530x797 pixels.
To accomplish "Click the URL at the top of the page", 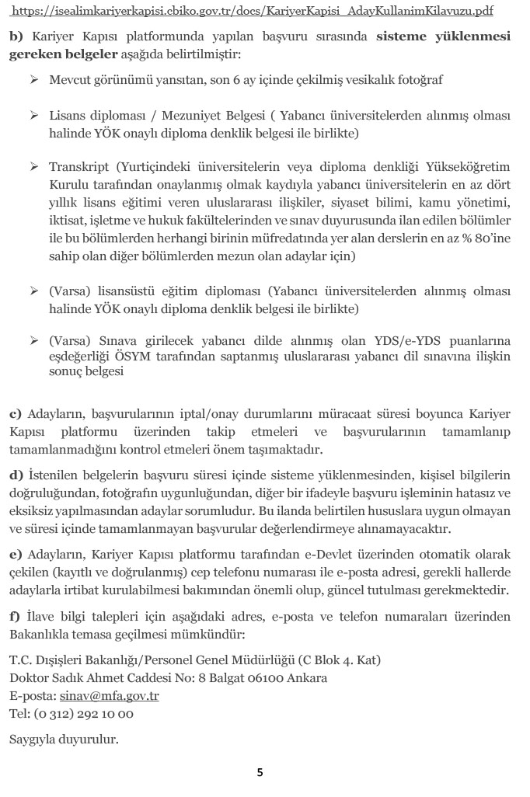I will coord(263,12).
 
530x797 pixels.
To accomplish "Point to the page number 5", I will coord(260,772).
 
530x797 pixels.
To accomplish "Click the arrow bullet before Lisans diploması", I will coord(34,116).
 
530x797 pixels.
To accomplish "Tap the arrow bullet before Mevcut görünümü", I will coord(34,80).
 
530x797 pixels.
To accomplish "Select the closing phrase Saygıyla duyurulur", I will coord(64,739).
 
